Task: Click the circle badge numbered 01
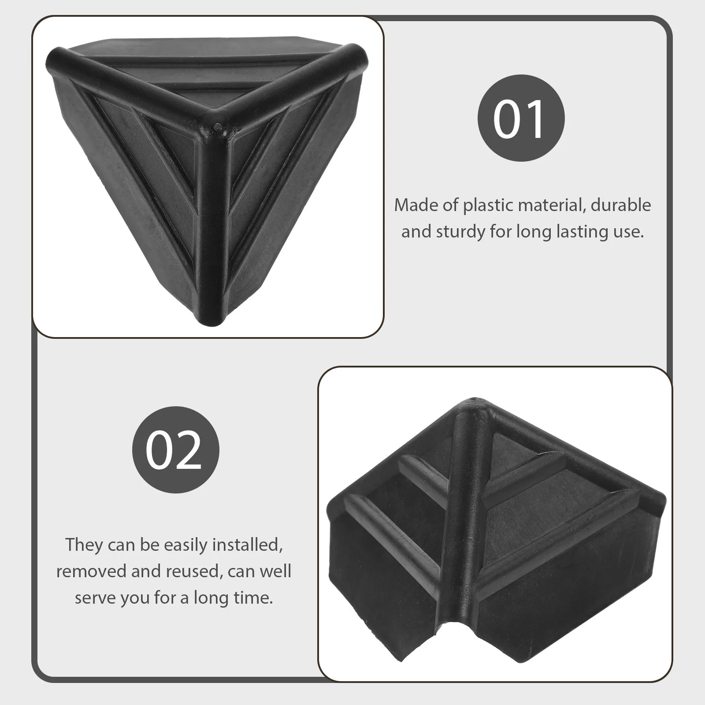(521, 119)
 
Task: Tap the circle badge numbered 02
(175, 449)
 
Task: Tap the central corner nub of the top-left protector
(216, 127)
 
